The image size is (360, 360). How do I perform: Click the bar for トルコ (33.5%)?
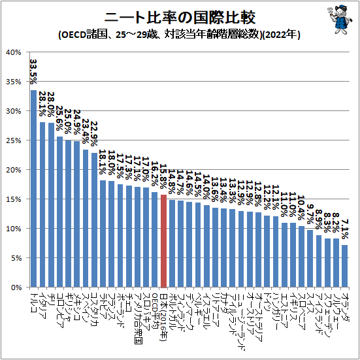click(x=33, y=189)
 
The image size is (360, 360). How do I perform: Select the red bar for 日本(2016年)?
click(x=163, y=241)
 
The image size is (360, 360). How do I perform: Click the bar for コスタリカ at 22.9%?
click(x=94, y=220)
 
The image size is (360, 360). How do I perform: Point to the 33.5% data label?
click(x=33, y=72)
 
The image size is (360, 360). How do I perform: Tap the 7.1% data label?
click(x=344, y=229)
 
